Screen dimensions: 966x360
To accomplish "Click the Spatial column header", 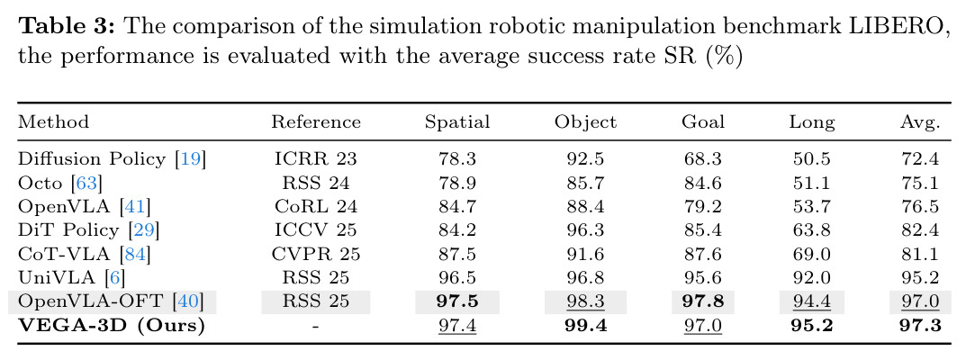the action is (457, 121).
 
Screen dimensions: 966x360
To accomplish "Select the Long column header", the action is (812, 122).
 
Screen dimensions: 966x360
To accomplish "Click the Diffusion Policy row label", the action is (112, 158).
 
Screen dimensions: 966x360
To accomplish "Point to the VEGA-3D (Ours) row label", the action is (111, 325).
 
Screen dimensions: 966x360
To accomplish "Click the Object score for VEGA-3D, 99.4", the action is (585, 325).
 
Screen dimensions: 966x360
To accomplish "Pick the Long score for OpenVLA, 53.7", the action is (812, 206).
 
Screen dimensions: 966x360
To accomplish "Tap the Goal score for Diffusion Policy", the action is (703, 158).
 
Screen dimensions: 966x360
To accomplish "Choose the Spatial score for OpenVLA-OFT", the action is (457, 301).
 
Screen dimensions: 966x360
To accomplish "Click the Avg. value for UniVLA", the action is (920, 277).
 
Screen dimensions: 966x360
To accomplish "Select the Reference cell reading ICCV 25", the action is (315, 230).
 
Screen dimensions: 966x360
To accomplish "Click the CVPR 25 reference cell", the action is (315, 254).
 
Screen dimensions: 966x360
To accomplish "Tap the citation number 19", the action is (190, 158).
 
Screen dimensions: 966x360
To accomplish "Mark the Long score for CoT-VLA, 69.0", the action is (812, 254).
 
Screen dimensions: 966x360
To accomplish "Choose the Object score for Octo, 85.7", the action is (585, 183).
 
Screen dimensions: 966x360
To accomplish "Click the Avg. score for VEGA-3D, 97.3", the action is (920, 325).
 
